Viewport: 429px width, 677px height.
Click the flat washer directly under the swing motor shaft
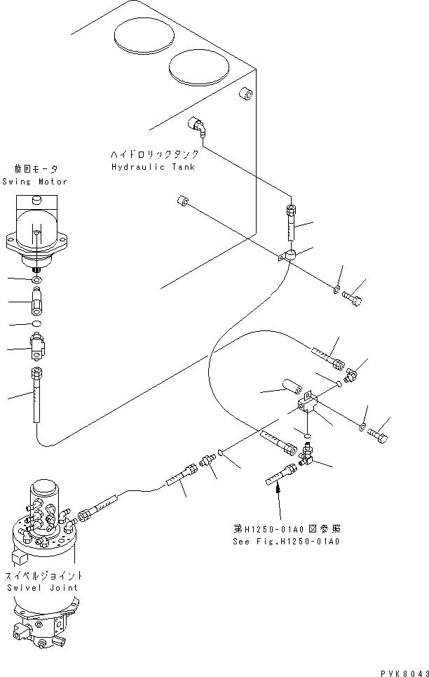pos(36,281)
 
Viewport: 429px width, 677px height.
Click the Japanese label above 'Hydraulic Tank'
pos(154,154)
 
